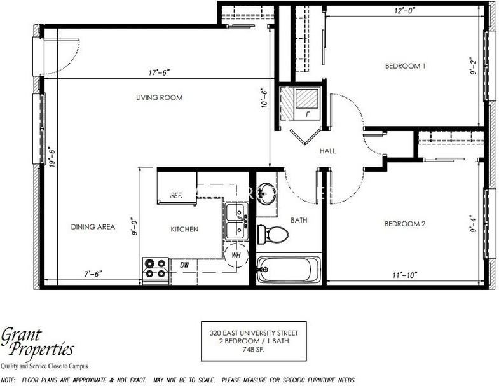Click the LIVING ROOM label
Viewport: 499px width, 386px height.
pyautogui.click(x=159, y=98)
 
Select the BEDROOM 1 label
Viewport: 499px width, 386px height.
pyautogui.click(x=405, y=66)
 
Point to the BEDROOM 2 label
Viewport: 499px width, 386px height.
pyautogui.click(x=405, y=224)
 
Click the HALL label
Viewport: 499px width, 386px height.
pyautogui.click(x=328, y=151)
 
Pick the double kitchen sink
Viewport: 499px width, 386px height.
pyautogui.click(x=236, y=221)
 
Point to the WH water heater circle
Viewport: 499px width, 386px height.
pyautogui.click(x=236, y=256)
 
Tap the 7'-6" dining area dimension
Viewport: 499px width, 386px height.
pyautogui.click(x=92, y=273)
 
